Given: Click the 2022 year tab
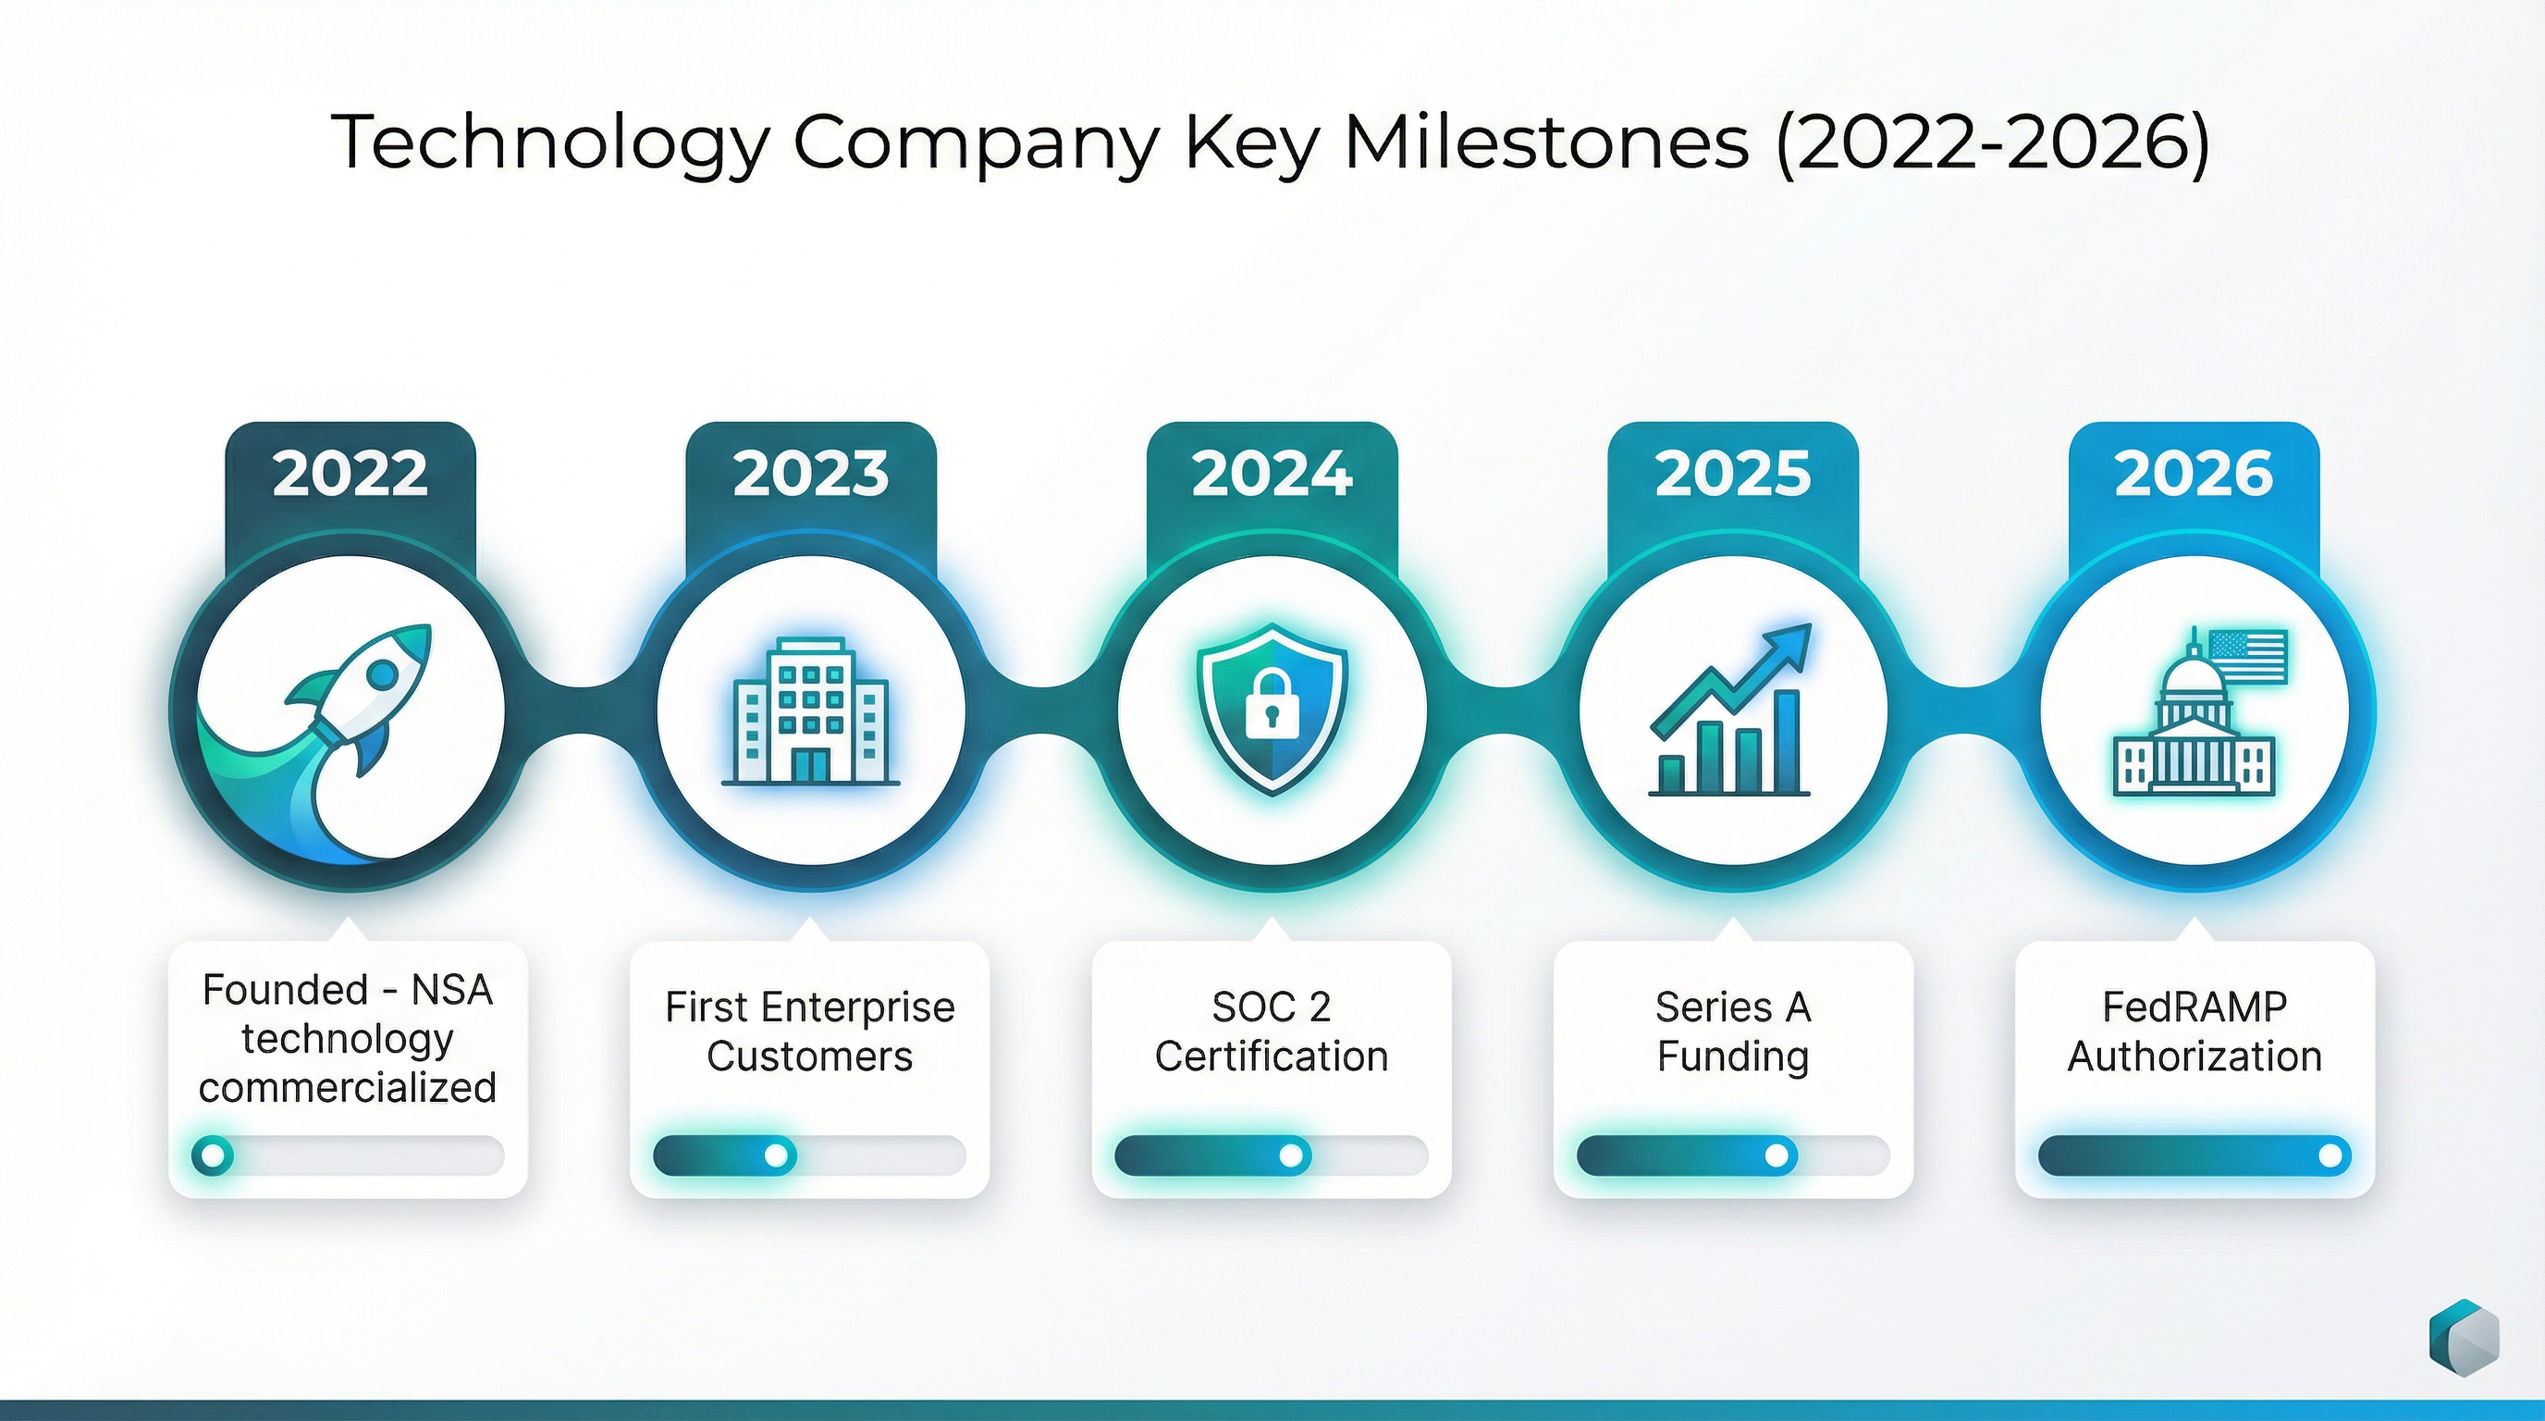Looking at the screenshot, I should click(x=350, y=474).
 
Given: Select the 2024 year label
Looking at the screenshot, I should click(x=1272, y=474).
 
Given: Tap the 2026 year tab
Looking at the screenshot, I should click(x=2194, y=474).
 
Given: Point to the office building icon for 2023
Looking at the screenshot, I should click(x=810, y=711).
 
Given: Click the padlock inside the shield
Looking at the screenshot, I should click(x=1272, y=704).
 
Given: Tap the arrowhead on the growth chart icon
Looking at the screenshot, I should click(x=1790, y=644).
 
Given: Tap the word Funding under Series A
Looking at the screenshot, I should click(x=1733, y=1056).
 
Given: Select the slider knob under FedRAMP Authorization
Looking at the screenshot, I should click(x=2330, y=1155).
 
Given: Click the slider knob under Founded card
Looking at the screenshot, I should click(x=213, y=1155).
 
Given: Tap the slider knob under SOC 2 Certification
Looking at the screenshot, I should click(x=1290, y=1155).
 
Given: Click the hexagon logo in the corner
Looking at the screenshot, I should click(x=2464, y=1337).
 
